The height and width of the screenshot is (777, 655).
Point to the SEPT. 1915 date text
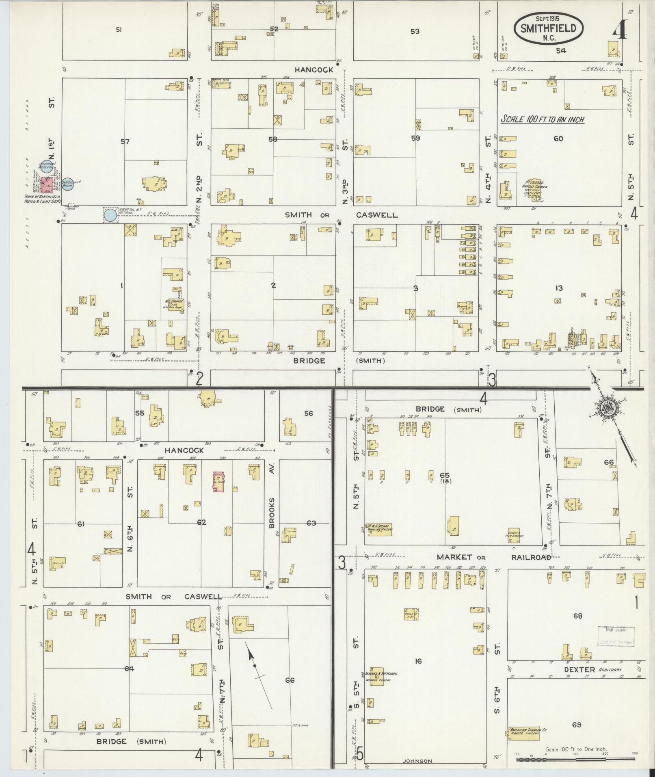tap(549, 18)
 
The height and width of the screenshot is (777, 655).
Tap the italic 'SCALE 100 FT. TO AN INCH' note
tap(542, 119)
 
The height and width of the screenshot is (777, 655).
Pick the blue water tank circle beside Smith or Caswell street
tap(110, 215)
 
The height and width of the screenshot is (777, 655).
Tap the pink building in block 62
tap(219, 482)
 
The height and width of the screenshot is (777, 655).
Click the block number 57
tap(125, 141)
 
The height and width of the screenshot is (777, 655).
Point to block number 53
tap(415, 31)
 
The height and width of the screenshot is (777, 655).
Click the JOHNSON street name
tap(418, 761)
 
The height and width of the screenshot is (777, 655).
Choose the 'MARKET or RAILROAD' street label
tap(493, 557)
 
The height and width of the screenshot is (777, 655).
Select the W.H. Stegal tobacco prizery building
tap(378, 529)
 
